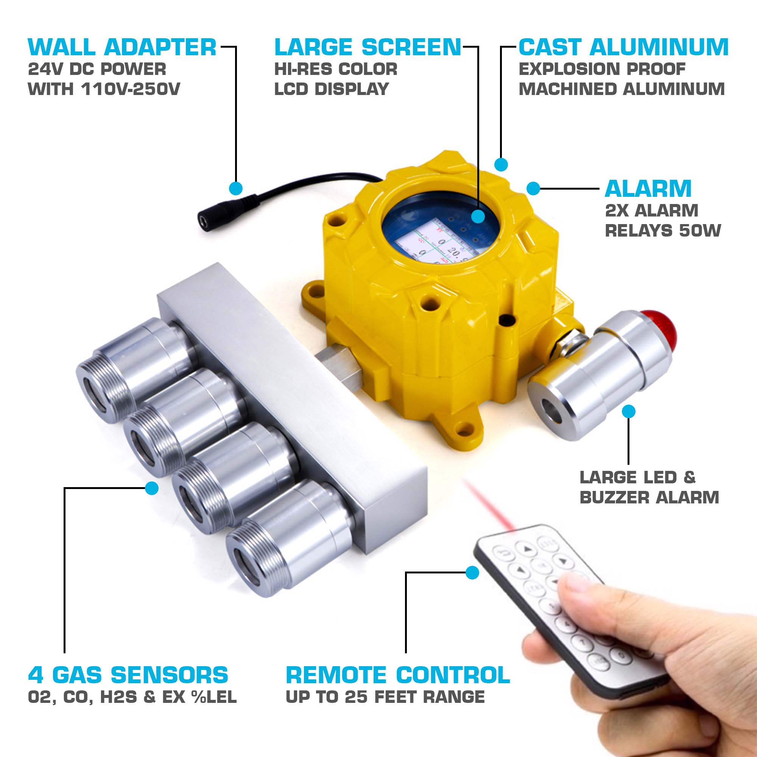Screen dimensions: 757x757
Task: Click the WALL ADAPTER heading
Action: [122, 47]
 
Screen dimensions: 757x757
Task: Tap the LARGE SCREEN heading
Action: [368, 47]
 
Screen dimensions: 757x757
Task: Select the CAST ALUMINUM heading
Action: [623, 47]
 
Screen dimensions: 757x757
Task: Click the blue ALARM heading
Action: [648, 189]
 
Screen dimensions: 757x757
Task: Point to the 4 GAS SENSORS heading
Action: [128, 675]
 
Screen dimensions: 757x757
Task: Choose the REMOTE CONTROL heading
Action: [398, 675]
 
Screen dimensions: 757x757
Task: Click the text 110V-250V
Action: [131, 89]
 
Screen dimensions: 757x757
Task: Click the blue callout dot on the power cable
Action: [235, 188]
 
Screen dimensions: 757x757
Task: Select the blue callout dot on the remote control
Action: [472, 572]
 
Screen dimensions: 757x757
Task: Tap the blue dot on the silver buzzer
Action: [628, 411]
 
